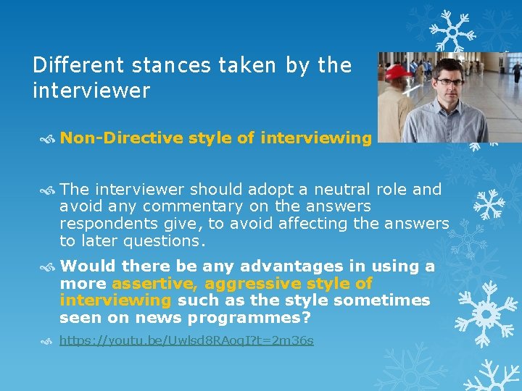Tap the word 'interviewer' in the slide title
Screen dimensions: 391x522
(x=91, y=91)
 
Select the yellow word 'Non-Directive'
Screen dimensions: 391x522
(x=121, y=138)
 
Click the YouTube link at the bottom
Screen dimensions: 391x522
(x=186, y=340)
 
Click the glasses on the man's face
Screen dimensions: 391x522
(x=450, y=82)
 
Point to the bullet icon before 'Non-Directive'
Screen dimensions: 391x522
(x=48, y=138)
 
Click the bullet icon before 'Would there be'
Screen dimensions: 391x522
(x=48, y=267)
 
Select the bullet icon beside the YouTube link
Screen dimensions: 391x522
(x=48, y=341)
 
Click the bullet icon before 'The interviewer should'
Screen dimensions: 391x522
(x=48, y=190)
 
